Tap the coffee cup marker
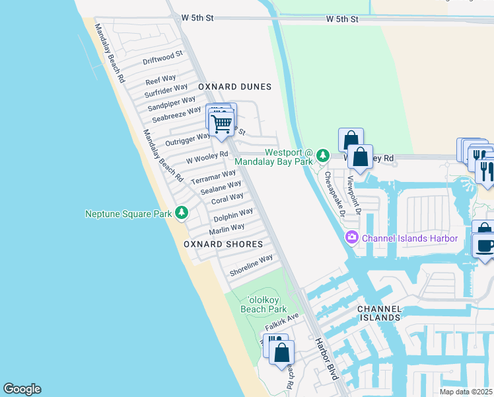[x=485, y=245]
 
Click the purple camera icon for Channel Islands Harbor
[x=351, y=238]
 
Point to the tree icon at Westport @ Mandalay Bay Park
[x=322, y=155]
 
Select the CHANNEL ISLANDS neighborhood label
[x=378, y=313]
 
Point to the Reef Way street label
[x=160, y=80]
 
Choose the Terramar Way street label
[x=213, y=177]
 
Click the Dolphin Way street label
[x=233, y=214]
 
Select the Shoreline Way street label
[x=251, y=265]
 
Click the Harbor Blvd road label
[x=326, y=359]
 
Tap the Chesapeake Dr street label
[x=335, y=195]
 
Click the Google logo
[x=22, y=389]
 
